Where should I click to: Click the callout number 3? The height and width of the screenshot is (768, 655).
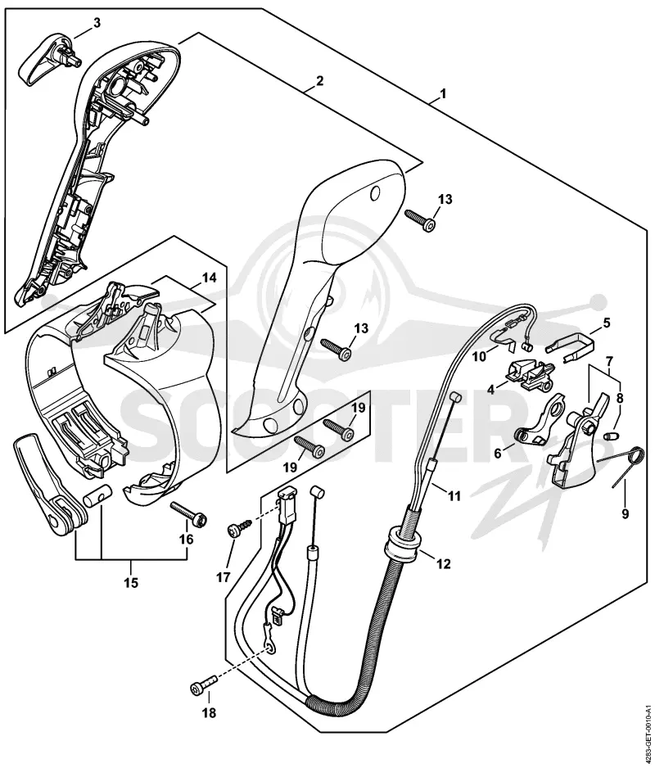point(97,23)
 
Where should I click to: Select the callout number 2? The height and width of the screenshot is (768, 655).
point(319,80)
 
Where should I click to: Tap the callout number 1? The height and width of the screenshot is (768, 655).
point(443,93)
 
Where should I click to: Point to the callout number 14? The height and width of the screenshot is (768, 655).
point(209,278)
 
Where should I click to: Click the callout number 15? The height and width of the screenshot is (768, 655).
point(131,582)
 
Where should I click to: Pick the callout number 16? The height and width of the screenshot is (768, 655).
point(187,540)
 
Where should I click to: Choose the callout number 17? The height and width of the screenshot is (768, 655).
point(224,578)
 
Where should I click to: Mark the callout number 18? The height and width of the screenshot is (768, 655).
point(209,712)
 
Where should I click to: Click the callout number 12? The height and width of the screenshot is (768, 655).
point(443,564)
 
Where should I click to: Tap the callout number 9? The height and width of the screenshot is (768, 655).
point(626,514)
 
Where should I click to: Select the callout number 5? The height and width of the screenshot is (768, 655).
point(607,323)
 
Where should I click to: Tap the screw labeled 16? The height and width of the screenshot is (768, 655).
point(188,513)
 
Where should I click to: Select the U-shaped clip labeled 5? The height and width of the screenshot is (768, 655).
point(571,343)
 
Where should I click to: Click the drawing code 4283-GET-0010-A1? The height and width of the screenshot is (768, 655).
point(648,730)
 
